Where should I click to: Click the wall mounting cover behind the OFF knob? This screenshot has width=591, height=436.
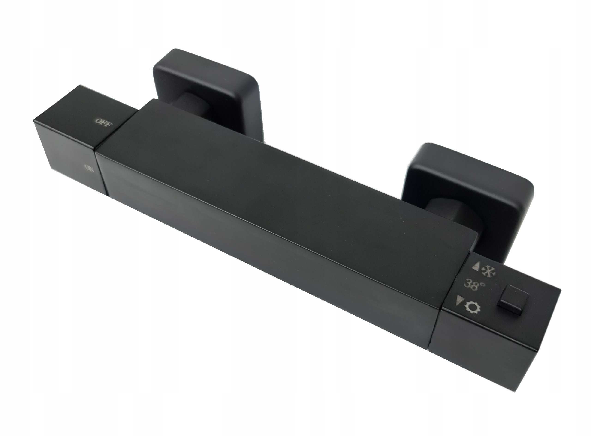(209, 87)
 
